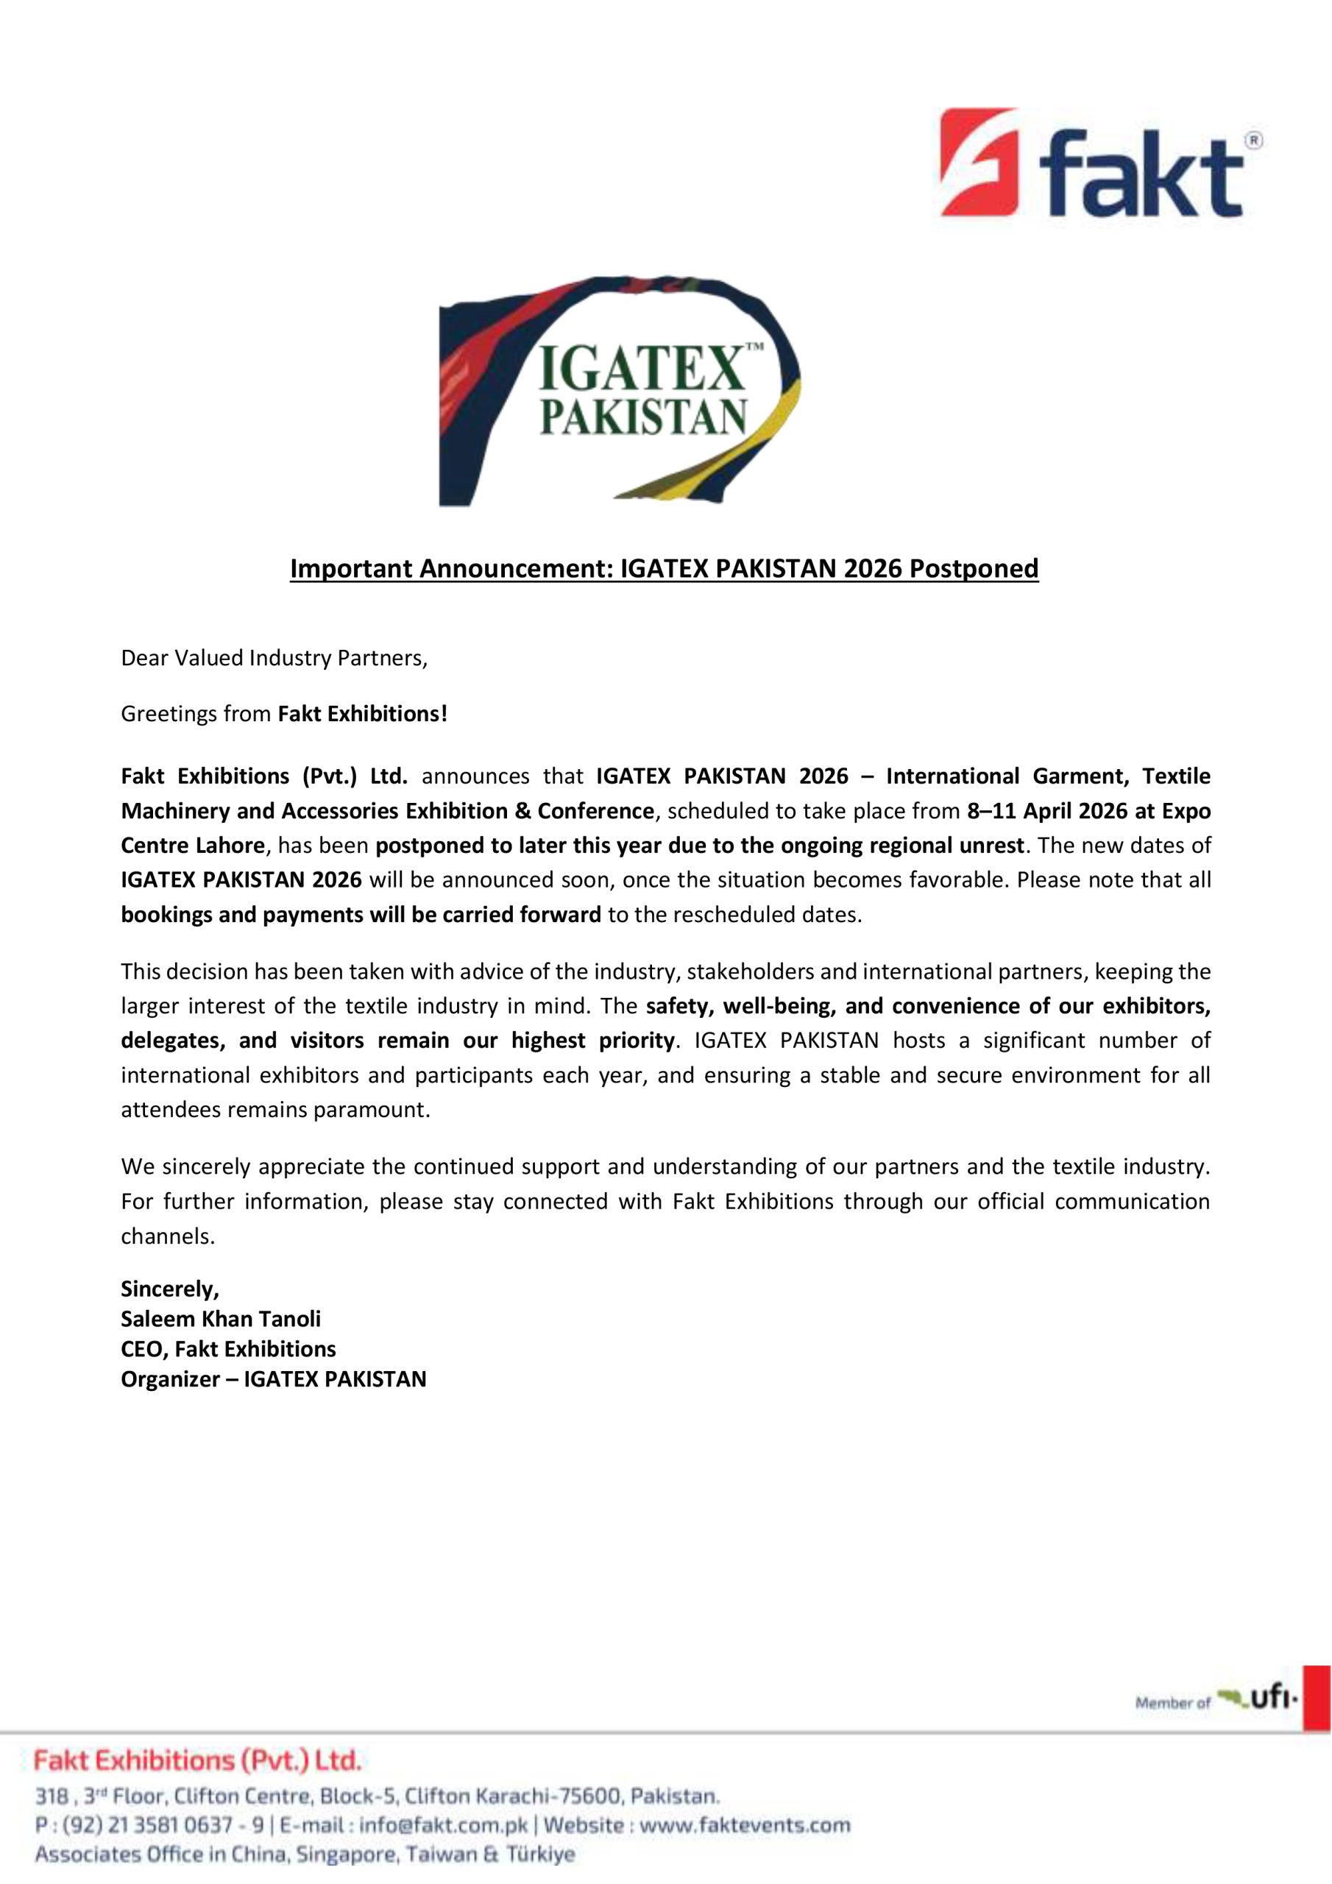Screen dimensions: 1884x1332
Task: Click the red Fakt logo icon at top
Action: [979, 162]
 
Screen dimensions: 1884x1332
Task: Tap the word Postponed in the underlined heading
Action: [974, 569]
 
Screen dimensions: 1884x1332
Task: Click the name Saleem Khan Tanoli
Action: [221, 1319]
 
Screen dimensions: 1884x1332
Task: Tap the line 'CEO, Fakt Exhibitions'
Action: [228, 1349]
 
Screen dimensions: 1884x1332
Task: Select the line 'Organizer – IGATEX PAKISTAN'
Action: [273, 1379]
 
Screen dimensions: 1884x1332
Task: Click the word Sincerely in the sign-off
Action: [169, 1289]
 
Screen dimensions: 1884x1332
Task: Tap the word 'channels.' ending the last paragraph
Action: [168, 1236]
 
